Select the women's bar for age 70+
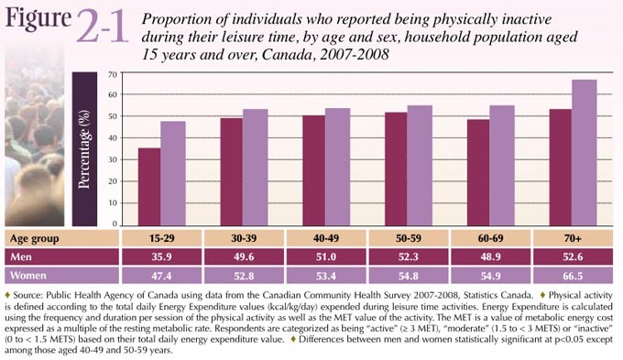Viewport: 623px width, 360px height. (x=584, y=152)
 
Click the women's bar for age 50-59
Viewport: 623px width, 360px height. (x=420, y=165)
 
